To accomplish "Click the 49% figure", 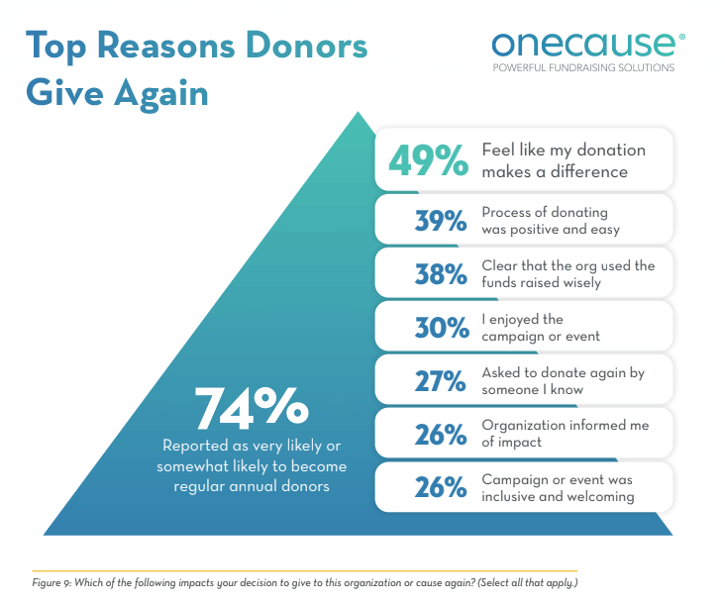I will (427, 160).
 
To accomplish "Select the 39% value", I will (440, 222).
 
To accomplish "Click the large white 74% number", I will (251, 406).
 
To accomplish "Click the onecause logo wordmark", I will (587, 44).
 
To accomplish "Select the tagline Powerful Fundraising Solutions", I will (584, 68).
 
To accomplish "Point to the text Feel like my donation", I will (564, 151).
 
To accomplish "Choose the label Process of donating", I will (545, 213).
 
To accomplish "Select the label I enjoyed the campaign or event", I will (541, 328).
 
